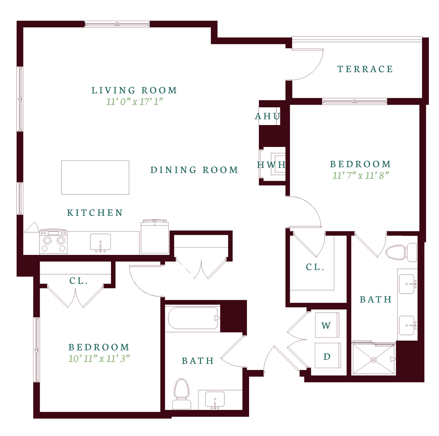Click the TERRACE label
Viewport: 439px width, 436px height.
coord(365,69)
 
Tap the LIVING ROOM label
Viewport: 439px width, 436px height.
coord(134,90)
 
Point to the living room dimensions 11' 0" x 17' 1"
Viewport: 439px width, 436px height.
coord(134,101)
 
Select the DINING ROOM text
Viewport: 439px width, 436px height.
coord(194,170)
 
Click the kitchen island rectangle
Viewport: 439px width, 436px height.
coord(95,177)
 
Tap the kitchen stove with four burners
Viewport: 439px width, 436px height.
coord(53,242)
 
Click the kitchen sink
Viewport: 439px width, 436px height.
coord(100,243)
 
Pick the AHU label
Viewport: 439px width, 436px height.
coord(267,116)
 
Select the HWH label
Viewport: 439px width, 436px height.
coord(271,164)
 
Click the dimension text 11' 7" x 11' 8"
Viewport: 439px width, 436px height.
coord(360,176)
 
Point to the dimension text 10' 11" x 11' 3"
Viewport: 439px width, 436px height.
coord(99,358)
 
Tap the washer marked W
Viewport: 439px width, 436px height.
coord(327,325)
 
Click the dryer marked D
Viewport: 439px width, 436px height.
coord(328,356)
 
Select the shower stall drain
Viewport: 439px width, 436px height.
coord(373,360)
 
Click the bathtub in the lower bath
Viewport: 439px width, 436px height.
coord(193,318)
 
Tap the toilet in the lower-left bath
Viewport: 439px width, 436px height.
coord(182,394)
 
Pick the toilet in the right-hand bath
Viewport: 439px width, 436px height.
coord(401,252)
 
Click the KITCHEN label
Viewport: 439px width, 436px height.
coord(95,213)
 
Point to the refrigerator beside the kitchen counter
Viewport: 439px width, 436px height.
coord(155,237)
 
